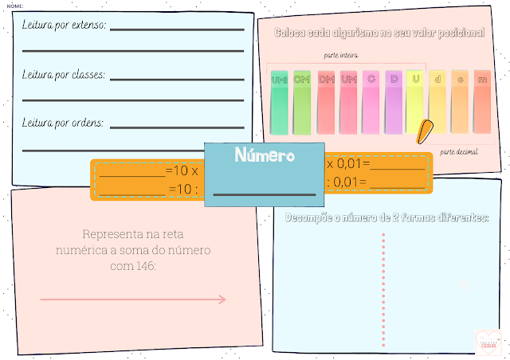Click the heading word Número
pyautogui.click(x=265, y=155)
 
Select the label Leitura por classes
pyautogui.click(x=65, y=77)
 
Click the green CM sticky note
pyautogui.click(x=302, y=100)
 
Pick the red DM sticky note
pyautogui.click(x=326, y=100)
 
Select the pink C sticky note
pyautogui.click(x=371, y=100)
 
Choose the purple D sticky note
pyautogui.click(x=393, y=100)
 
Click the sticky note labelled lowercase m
pyautogui.click(x=482, y=100)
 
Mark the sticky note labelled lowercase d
pyautogui.click(x=437, y=100)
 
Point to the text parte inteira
pyautogui.click(x=341, y=56)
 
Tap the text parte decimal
pyautogui.click(x=460, y=151)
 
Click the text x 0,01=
pyautogui.click(x=347, y=163)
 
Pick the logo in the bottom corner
pyautogui.click(x=486, y=341)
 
